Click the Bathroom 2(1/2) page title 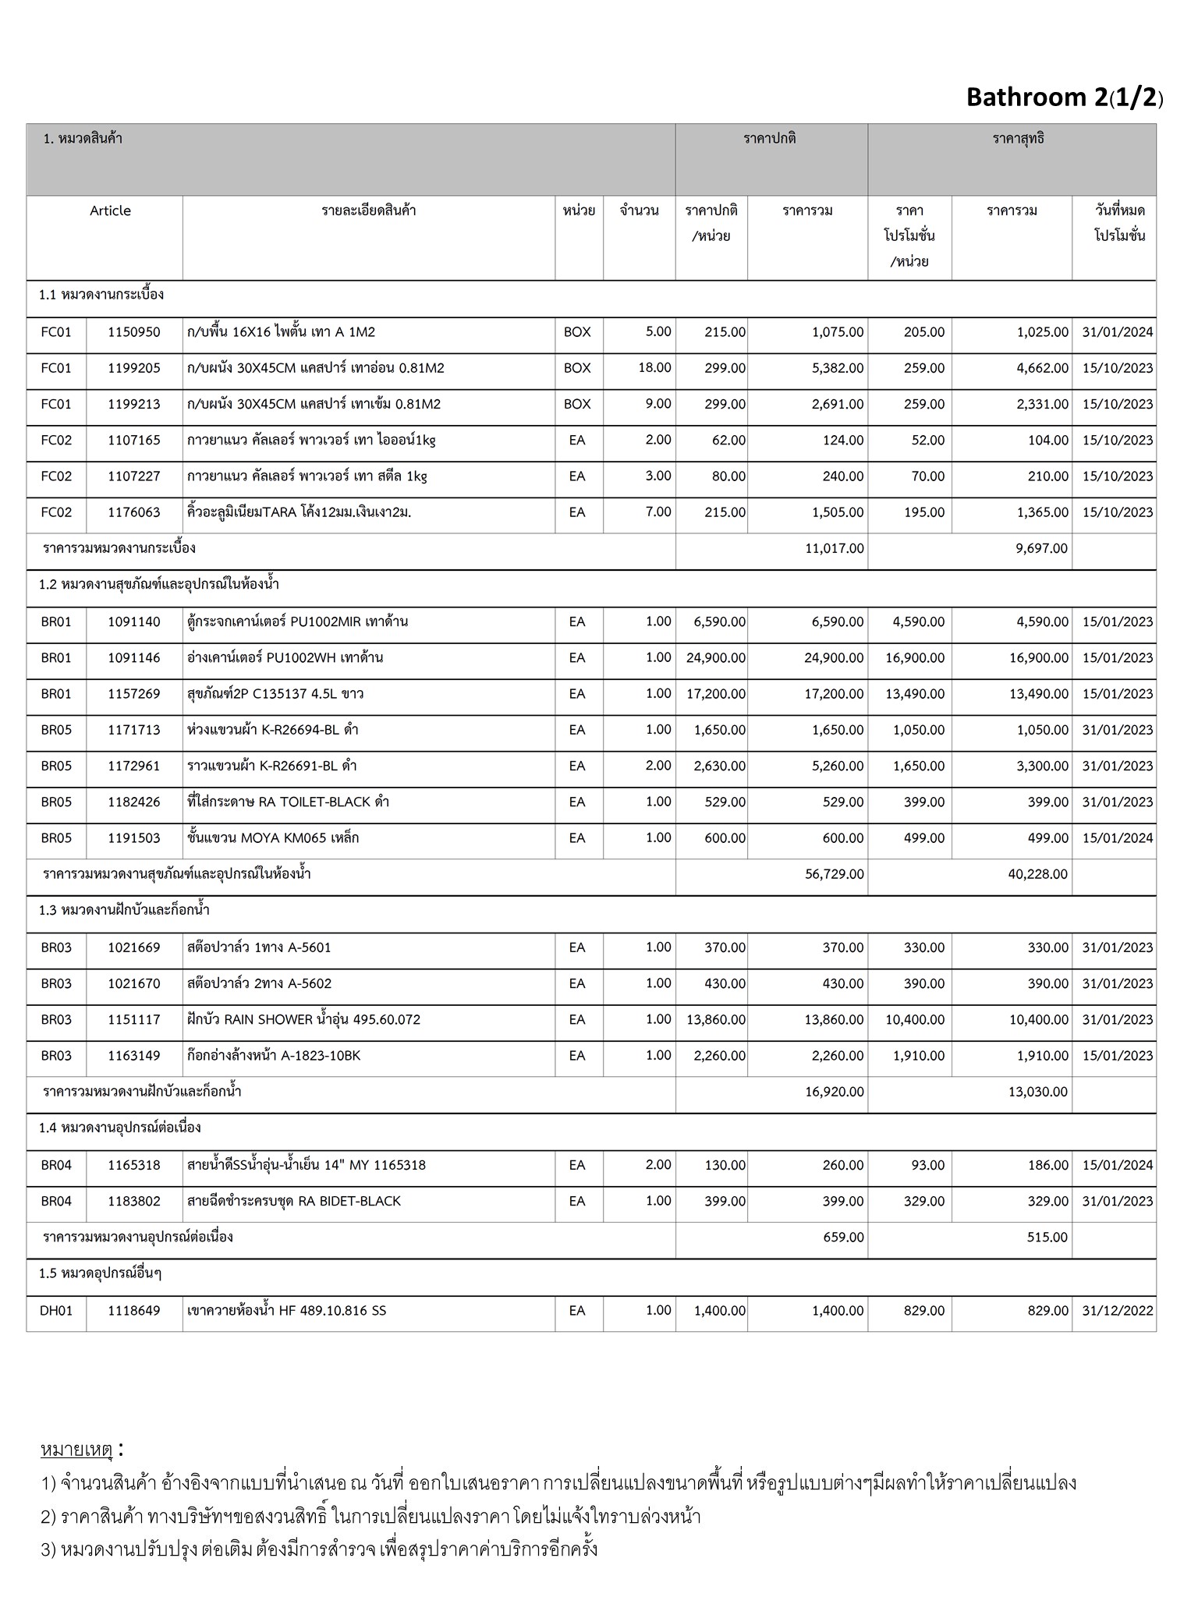pyautogui.click(x=1065, y=97)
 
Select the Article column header pyautogui.click(x=110, y=211)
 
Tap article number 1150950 pyautogui.click(x=134, y=332)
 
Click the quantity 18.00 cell pyautogui.click(x=654, y=367)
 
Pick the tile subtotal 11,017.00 pyautogui.click(x=835, y=548)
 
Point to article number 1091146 pyautogui.click(x=134, y=658)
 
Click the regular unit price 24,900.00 pyautogui.click(x=716, y=658)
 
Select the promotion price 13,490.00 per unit pyautogui.click(x=915, y=694)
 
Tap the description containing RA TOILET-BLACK pyautogui.click(x=289, y=802)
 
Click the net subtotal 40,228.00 pyautogui.click(x=1037, y=874)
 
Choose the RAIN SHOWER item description pyautogui.click(x=304, y=1019)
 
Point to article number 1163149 pyautogui.click(x=134, y=1056)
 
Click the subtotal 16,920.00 pyautogui.click(x=835, y=1092)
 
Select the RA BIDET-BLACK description pyautogui.click(x=295, y=1201)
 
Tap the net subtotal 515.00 pyautogui.click(x=1047, y=1237)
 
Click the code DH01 pyautogui.click(x=56, y=1311)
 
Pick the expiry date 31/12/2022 pyautogui.click(x=1117, y=1311)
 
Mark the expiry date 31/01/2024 pyautogui.click(x=1117, y=332)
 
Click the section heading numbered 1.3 pyautogui.click(x=125, y=910)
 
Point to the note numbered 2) pyautogui.click(x=370, y=1516)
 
